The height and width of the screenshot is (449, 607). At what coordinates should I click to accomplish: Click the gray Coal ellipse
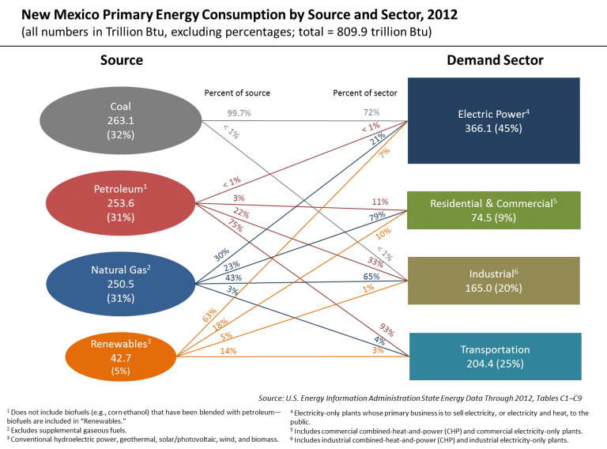coord(120,120)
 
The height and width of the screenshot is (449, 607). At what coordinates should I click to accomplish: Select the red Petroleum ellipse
coord(120,204)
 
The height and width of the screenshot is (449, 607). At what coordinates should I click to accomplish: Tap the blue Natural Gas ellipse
coord(120,284)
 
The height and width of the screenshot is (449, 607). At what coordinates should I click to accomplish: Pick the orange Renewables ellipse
coord(120,357)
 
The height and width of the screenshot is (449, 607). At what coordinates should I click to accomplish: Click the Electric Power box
coord(493,120)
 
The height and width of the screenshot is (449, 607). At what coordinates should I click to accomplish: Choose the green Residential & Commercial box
coord(493,210)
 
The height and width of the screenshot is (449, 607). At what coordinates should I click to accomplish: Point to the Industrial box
coord(493,281)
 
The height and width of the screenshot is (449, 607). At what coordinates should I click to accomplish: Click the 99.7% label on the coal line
coord(239,113)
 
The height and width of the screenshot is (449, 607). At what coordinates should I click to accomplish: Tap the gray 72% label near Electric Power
coord(372,113)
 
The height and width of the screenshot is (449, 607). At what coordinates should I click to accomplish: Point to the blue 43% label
coord(233,277)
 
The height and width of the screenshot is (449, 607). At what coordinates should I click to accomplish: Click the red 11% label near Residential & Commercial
coord(379,202)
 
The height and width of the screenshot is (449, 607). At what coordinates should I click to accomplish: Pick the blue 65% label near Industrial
coord(371,276)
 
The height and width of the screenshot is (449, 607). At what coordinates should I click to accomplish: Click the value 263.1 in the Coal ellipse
coord(120,121)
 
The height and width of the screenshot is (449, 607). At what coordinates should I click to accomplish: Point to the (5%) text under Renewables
coord(120,371)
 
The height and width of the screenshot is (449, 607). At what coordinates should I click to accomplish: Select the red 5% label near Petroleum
coord(238,198)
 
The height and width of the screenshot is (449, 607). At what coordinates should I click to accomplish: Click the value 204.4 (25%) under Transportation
coord(495,364)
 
